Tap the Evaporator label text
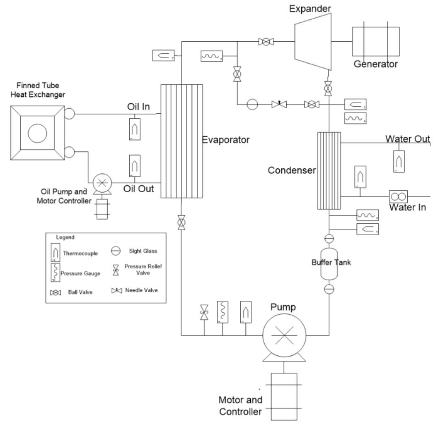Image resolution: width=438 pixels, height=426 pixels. [x=226, y=141]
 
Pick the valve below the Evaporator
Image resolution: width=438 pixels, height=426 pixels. [x=182, y=223]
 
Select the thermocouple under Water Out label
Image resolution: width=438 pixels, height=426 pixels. [x=399, y=161]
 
